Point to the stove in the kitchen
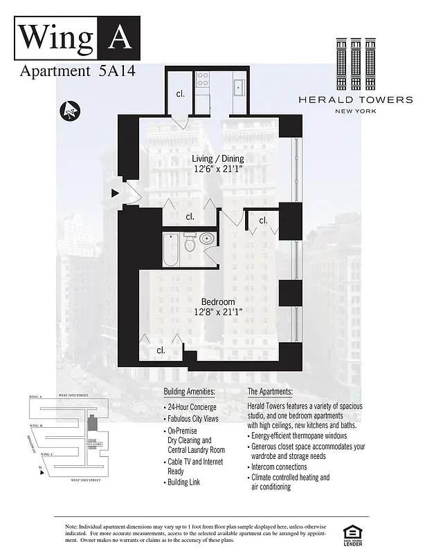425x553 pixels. click(204, 79)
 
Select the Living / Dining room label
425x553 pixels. click(217, 158)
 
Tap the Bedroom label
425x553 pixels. click(218, 301)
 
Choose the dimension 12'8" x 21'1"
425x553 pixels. click(218, 312)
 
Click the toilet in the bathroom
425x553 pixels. click(190, 243)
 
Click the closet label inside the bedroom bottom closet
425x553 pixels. click(161, 350)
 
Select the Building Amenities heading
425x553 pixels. click(189, 391)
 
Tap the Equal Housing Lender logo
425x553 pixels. click(352, 532)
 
